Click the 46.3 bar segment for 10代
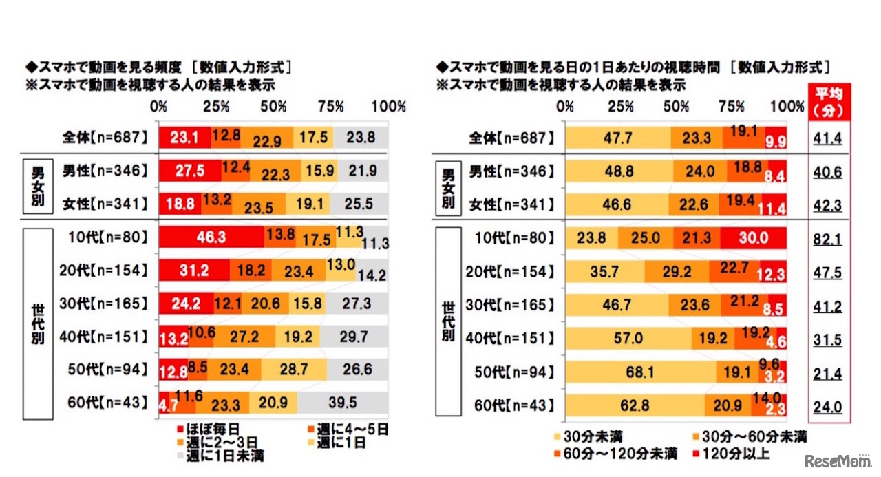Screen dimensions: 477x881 click(x=211, y=237)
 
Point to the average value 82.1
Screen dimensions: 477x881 click(x=827, y=238)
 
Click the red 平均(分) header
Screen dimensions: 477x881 click(x=827, y=101)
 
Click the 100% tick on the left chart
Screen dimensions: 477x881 click(x=388, y=107)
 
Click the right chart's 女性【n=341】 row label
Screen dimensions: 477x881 click(x=513, y=204)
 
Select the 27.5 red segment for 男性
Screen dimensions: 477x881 click(x=190, y=171)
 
